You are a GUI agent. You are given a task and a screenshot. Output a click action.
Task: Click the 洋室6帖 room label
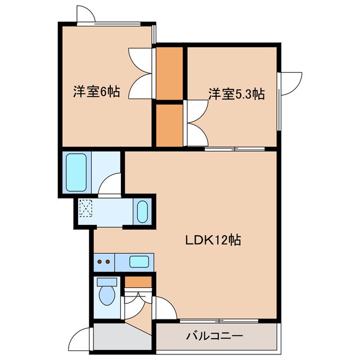tap(96, 91)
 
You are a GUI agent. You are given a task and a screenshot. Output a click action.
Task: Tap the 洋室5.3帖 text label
tap(236, 94)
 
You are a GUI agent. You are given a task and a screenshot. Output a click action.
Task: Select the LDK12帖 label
tap(214, 240)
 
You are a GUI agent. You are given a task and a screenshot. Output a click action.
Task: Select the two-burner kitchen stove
tap(103, 261)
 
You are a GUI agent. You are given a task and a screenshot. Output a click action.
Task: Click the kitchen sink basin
tap(139, 261)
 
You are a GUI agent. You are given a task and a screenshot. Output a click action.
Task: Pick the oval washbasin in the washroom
tap(142, 212)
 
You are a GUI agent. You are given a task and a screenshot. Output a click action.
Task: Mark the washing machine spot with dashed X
tap(86, 209)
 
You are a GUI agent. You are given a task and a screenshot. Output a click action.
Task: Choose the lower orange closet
tap(169, 124)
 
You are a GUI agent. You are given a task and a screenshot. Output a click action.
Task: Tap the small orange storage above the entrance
tap(138, 282)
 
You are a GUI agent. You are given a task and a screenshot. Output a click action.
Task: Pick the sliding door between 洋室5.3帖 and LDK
tap(233, 149)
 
